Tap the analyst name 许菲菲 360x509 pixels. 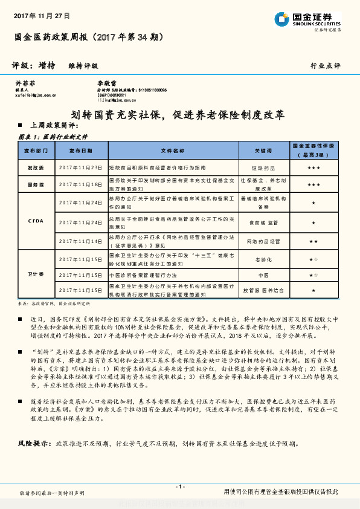click(22, 82)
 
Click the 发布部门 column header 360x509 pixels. click(36, 150)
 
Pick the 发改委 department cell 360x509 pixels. click(36, 167)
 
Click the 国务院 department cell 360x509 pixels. click(36, 184)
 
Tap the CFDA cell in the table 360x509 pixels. click(36, 221)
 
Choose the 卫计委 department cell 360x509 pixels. click(36, 275)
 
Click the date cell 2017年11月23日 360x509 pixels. click(80, 167)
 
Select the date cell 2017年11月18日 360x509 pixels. click(80, 184)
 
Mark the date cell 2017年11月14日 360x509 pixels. click(80, 241)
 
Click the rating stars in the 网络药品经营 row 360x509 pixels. click(313, 241)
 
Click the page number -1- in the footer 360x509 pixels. click(179, 487)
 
